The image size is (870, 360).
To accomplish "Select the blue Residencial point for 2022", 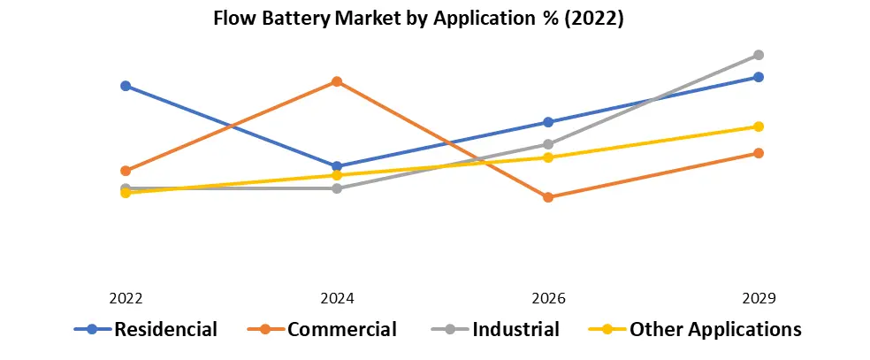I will click(126, 86).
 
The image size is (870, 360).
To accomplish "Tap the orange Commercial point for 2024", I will click(337, 81).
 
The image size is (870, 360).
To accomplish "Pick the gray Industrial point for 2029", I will click(759, 55).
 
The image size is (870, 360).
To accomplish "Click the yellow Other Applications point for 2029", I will click(759, 126).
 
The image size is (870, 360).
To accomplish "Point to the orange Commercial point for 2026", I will click(548, 197).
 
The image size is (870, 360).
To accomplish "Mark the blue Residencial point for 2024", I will click(337, 166).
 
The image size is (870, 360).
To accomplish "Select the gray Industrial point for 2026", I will click(548, 144).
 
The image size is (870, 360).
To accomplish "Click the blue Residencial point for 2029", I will click(759, 77).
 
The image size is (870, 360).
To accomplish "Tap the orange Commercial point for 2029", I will click(759, 153).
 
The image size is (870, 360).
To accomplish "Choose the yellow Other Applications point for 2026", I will click(548, 157).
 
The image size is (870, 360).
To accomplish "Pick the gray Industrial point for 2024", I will click(337, 188).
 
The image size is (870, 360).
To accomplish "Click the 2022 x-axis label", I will click(126, 298).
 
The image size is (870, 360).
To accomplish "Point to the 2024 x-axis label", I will click(337, 298).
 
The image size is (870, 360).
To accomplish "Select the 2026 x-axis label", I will click(548, 298).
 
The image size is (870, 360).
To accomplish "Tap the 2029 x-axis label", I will click(759, 298).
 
